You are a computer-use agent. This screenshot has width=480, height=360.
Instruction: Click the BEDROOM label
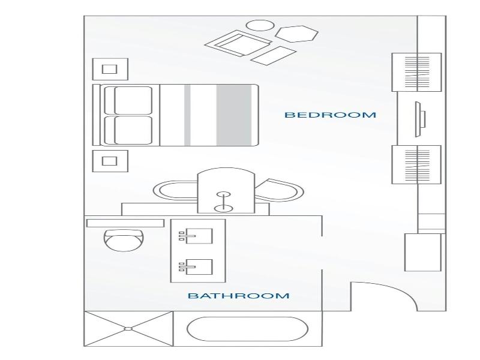click(x=331, y=115)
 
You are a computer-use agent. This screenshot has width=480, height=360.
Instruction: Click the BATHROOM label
click(x=238, y=296)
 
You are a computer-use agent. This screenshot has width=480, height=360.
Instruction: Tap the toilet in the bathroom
click(x=124, y=240)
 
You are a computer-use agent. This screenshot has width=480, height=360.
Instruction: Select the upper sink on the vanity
click(x=196, y=236)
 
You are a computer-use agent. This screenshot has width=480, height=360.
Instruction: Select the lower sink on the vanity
click(x=196, y=266)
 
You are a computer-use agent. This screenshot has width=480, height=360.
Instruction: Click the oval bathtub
click(x=247, y=329)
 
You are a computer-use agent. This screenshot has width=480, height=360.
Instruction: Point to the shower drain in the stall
click(x=128, y=329)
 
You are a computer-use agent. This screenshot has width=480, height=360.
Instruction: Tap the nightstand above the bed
click(x=110, y=69)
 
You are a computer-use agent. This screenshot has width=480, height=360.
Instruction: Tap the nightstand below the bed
click(x=110, y=161)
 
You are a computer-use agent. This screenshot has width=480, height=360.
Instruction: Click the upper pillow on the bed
click(x=128, y=100)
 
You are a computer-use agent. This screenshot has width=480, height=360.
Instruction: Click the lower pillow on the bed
click(x=128, y=130)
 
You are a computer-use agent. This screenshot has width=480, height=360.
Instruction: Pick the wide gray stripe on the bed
click(x=234, y=115)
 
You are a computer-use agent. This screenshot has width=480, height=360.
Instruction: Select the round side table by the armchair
click(x=260, y=25)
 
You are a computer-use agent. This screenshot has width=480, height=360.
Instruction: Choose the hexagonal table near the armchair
click(x=296, y=34)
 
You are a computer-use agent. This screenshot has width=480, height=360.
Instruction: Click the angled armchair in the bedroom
click(x=238, y=43)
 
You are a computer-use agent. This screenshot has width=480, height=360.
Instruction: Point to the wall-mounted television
click(x=421, y=119)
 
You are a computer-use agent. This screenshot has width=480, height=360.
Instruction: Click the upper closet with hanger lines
click(x=416, y=72)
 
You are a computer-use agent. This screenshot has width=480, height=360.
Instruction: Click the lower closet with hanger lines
click(x=416, y=164)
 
